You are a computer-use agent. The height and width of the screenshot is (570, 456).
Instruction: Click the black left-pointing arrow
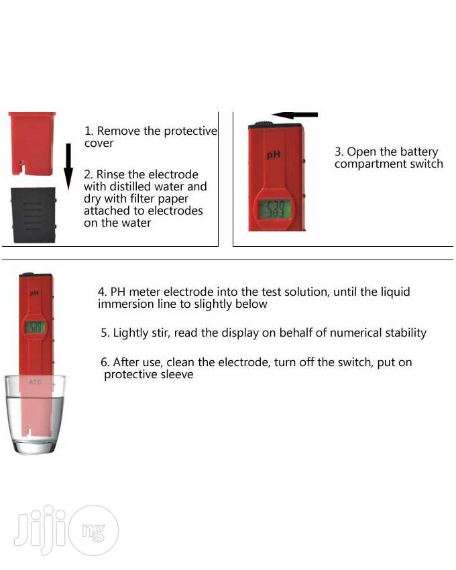tap(294, 115)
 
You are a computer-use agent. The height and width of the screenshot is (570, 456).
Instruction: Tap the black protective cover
tap(34, 215)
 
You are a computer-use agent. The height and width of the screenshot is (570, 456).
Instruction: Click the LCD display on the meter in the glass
tap(35, 327)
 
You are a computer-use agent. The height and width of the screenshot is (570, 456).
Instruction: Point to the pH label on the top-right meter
tap(273, 154)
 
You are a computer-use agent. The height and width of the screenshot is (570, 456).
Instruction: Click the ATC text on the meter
tap(36, 382)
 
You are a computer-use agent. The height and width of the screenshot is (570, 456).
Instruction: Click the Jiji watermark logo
tap(66, 530)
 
